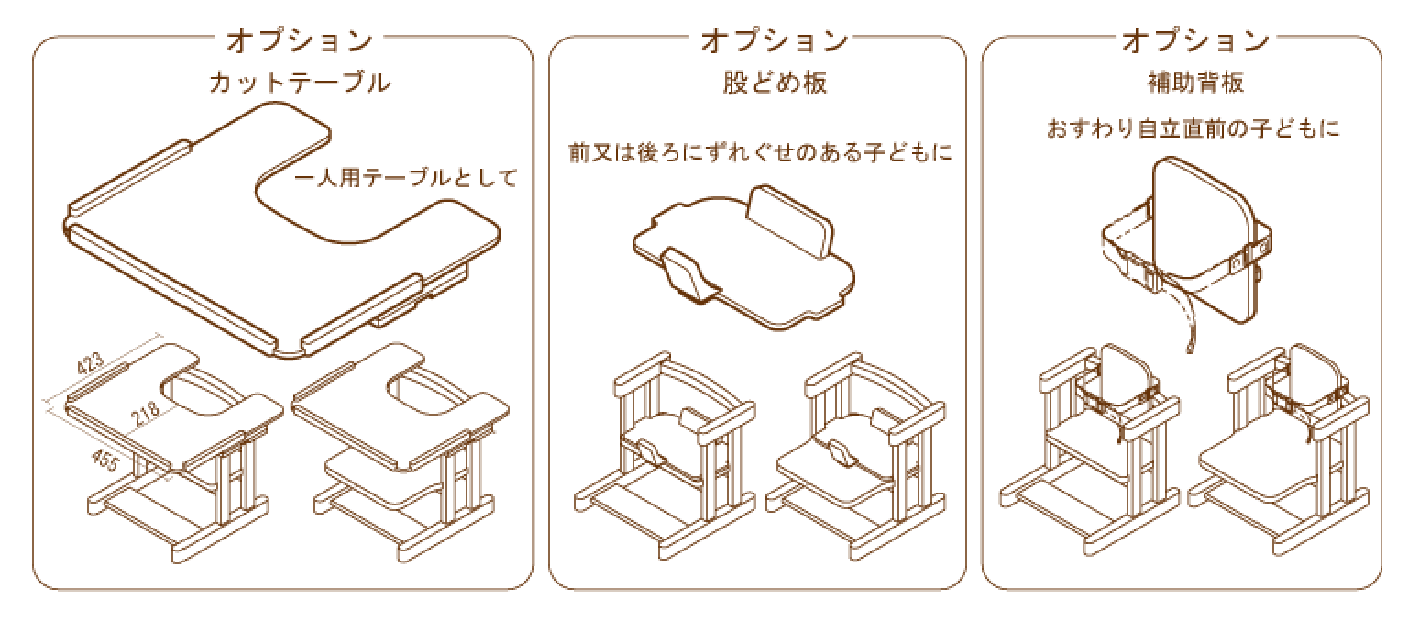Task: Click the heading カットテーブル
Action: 300,83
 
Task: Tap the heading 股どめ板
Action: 775,83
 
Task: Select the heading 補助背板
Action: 1194,83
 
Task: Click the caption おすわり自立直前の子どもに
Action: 1193,128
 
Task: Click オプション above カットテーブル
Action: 300,40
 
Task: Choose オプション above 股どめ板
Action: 775,40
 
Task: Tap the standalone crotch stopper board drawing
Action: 742,257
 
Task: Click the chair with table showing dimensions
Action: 174,450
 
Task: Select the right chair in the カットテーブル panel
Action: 403,450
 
